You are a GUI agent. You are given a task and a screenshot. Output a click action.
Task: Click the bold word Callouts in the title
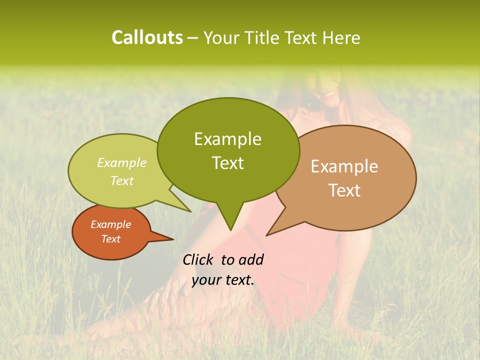147,37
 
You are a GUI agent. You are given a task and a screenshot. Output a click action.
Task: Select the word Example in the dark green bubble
227,139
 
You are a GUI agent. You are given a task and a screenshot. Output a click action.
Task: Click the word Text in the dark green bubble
227,163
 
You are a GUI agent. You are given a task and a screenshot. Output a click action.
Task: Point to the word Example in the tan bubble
344,166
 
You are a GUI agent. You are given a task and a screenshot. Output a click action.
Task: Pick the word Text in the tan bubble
344,190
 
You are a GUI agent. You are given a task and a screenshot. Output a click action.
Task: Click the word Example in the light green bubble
122,162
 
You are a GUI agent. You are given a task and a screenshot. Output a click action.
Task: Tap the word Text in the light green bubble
122,180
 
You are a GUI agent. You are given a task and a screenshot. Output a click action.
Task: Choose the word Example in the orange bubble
110,224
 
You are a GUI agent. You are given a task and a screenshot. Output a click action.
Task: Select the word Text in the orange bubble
110,239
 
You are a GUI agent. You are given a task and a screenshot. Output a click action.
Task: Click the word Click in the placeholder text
198,259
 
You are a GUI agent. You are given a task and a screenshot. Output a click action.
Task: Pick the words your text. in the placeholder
223,280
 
